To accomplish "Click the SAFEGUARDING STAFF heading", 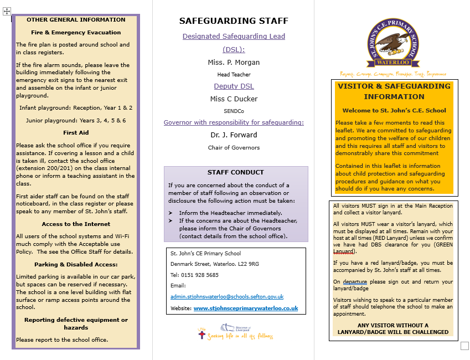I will tap(234, 21).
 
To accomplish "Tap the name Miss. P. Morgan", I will tap(234, 62).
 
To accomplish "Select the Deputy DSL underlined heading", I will tap(234, 86).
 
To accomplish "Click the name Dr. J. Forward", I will tap(234, 135).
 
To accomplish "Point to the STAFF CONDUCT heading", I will tap(235, 172).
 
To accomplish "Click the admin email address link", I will tap(227, 297).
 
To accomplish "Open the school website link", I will tap(245, 308).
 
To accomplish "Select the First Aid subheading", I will tap(76, 133).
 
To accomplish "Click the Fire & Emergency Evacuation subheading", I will tap(76, 33).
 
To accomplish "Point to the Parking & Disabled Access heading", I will tap(76, 264).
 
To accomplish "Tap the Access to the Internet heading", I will tap(76, 224).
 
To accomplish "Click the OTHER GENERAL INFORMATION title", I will tap(76, 20).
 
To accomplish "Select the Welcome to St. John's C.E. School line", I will tap(394, 111).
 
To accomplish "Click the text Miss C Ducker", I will tap(234, 99).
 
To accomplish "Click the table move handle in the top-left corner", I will tap(7, 11).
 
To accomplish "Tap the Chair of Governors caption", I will tap(234, 148).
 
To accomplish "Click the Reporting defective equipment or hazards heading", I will tap(76, 323).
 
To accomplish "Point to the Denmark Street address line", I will tap(215, 264).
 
